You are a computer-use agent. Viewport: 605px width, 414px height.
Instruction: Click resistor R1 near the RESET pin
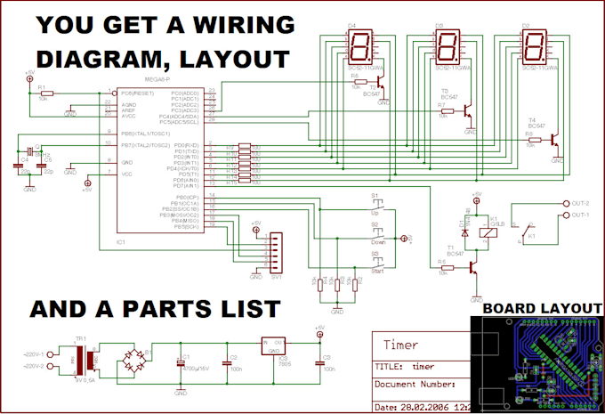coord(46,93)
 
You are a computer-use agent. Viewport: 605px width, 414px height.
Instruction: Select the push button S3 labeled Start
coord(381,264)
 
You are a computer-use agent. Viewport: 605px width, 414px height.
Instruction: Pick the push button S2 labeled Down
coord(381,234)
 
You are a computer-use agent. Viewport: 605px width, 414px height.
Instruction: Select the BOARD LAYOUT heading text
coord(537,308)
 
